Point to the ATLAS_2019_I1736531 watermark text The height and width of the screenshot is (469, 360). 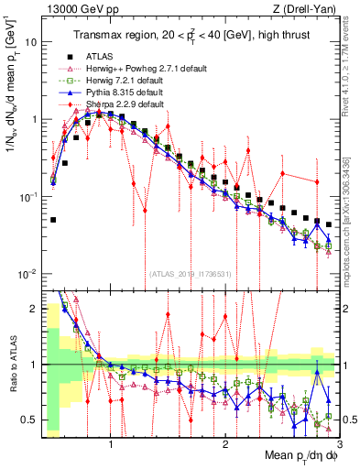point(191,274)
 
